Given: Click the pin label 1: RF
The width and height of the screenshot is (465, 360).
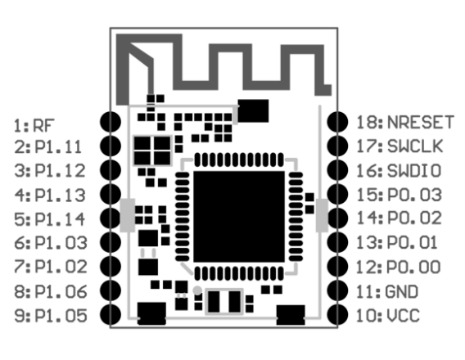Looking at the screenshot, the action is [x=34, y=126].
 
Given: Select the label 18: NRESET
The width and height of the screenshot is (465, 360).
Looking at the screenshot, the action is [x=405, y=122].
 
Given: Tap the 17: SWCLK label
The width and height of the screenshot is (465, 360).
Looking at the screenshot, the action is [x=400, y=146].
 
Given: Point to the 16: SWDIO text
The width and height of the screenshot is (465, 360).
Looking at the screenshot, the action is [x=399, y=171].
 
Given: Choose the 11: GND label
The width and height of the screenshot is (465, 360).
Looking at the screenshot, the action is [x=387, y=291].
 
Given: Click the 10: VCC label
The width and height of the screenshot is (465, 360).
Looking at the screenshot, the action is [x=388, y=316].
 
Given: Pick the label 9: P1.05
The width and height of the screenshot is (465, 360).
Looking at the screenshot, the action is [x=51, y=316].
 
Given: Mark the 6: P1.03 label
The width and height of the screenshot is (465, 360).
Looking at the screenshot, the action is [x=51, y=243].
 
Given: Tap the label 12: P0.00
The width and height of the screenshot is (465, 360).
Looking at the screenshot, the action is [x=399, y=267].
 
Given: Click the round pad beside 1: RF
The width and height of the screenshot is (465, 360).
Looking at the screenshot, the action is [x=111, y=122].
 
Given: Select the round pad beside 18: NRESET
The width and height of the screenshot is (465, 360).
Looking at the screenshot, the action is [x=337, y=122].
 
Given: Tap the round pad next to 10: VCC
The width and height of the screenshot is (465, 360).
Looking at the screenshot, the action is [x=337, y=315].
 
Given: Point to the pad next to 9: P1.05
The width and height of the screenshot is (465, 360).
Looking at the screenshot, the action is [x=111, y=315].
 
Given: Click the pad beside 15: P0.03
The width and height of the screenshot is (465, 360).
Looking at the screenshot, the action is [x=337, y=194].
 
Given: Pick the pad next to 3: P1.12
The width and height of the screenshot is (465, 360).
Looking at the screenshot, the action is [x=111, y=170].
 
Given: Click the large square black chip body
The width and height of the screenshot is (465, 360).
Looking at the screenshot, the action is [x=239, y=217].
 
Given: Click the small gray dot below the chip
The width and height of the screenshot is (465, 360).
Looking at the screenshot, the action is [x=197, y=290].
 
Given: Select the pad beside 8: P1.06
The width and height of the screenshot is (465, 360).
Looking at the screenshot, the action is [x=111, y=290].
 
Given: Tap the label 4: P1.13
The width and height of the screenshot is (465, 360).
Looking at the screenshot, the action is [x=50, y=196].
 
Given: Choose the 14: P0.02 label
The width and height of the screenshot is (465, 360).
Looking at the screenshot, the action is [x=400, y=218].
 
